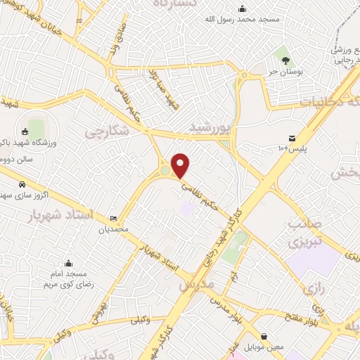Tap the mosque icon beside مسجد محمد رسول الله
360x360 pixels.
pyautogui.click(x=243, y=8)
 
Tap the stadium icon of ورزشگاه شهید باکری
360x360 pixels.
pyautogui.click(x=25, y=131)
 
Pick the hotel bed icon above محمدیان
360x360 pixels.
pyautogui.click(x=114, y=219)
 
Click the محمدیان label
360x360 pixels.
pyautogui.click(x=114, y=229)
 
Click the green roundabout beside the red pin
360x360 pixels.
pyautogui.click(x=165, y=170)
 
